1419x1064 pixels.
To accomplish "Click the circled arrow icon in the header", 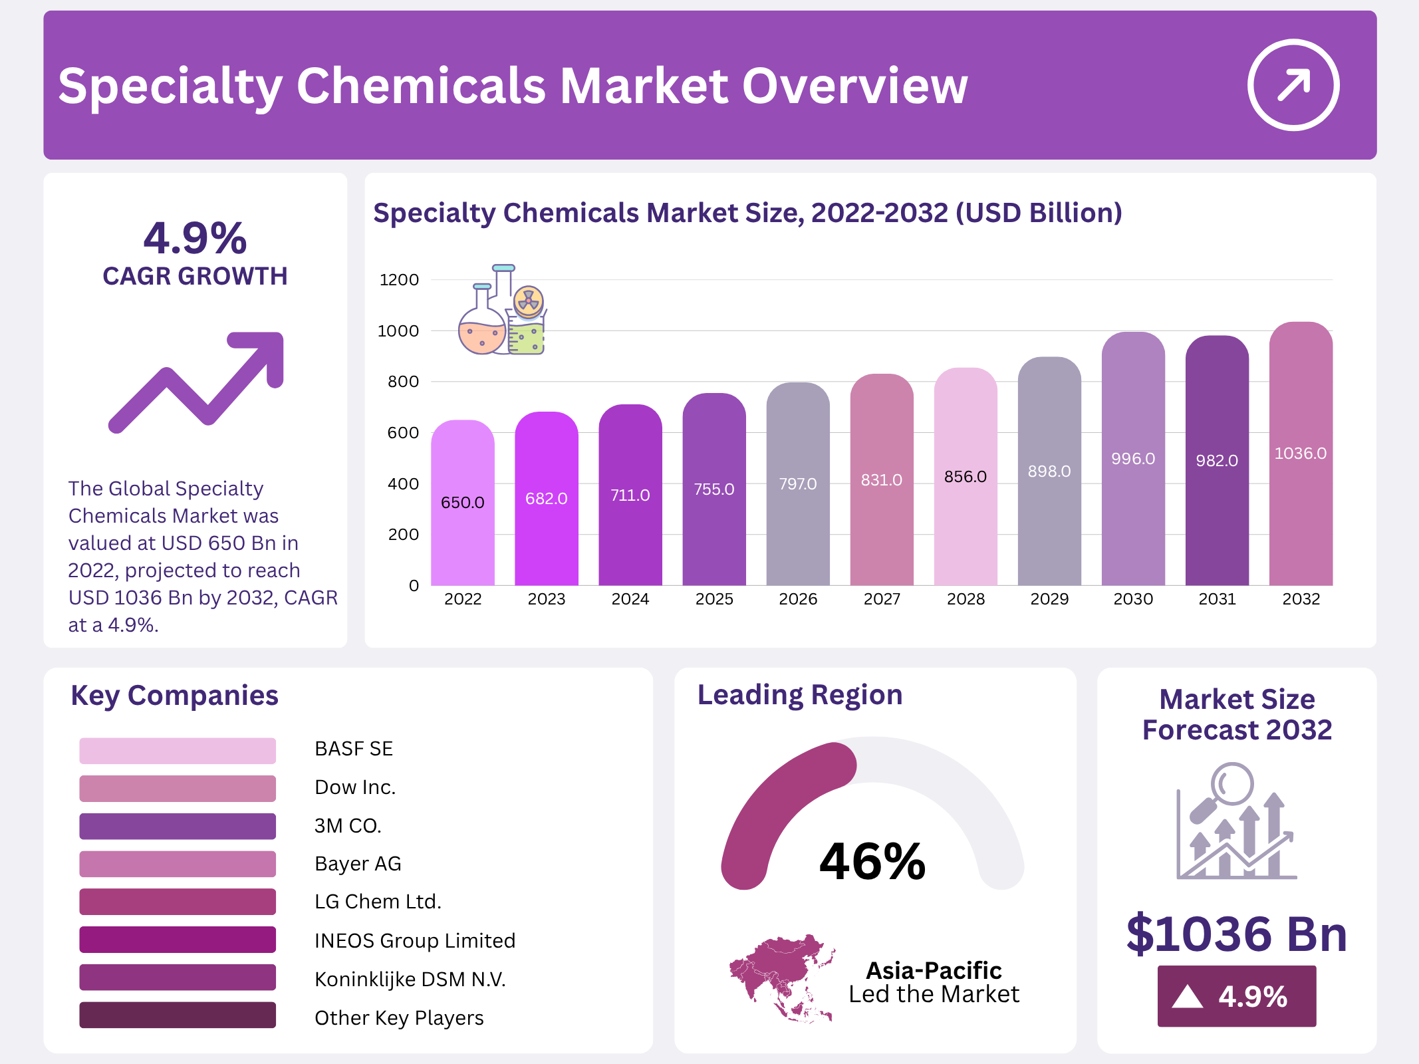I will coord(1293,85).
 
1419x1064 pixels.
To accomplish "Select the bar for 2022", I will coord(463,505).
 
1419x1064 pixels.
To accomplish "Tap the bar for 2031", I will coord(1217,465).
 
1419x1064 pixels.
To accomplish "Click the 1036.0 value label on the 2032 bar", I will coord(1300,454).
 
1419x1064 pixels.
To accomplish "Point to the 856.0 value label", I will coord(966,477).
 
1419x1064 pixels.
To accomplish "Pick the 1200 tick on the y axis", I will coord(399,280).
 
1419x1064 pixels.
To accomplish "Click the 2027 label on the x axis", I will coord(882,599).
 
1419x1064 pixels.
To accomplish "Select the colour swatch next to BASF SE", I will coord(178,750).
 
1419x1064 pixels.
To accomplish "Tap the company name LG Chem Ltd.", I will coord(378,902).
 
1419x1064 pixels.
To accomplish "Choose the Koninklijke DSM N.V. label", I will coord(410,980).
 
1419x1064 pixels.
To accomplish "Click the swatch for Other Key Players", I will coord(178,1015).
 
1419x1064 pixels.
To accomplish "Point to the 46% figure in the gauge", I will coord(872,861).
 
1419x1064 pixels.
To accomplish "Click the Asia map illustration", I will coord(782,978).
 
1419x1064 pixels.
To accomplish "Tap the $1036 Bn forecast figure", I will coord(1237,934).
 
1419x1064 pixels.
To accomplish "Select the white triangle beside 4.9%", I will coord(1188,997).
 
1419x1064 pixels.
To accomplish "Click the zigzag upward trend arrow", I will coord(197,382).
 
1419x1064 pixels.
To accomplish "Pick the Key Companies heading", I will coord(174,696).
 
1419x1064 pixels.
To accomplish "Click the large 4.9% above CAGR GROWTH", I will coord(195,238).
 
